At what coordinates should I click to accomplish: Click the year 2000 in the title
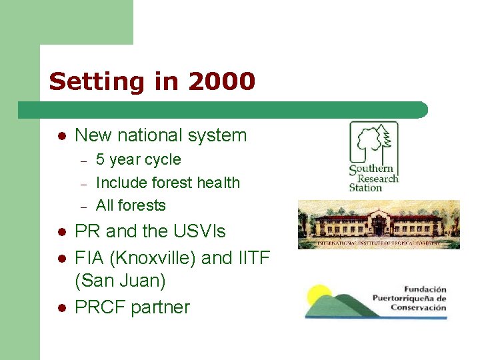[221, 81]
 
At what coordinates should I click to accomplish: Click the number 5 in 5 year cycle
[101, 160]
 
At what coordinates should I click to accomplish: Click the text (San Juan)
[120, 281]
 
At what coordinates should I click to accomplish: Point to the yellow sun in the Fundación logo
[319, 293]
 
